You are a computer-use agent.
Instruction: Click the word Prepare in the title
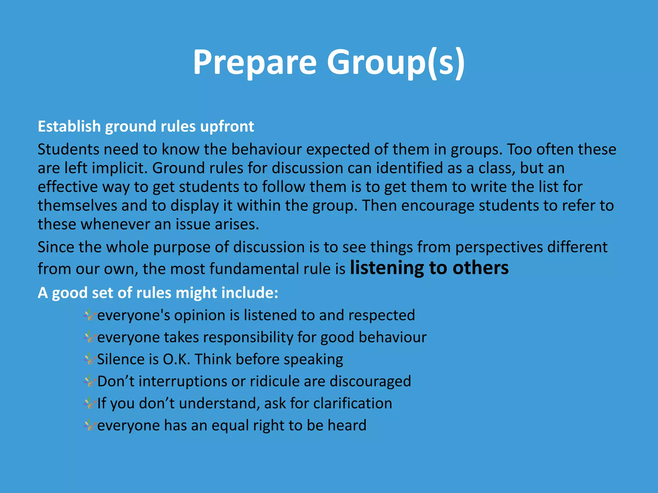pos(254,63)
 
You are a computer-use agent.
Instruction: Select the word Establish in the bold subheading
pos(69,126)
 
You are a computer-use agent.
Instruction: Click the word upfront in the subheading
pos(227,126)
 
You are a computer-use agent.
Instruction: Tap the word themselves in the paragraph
pos(77,206)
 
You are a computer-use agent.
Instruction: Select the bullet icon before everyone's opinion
pos(90,316)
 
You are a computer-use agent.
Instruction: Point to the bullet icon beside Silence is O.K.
pos(90,360)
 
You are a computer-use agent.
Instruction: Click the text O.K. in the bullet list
pos(176,359)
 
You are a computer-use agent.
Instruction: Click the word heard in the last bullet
pos(347,426)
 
